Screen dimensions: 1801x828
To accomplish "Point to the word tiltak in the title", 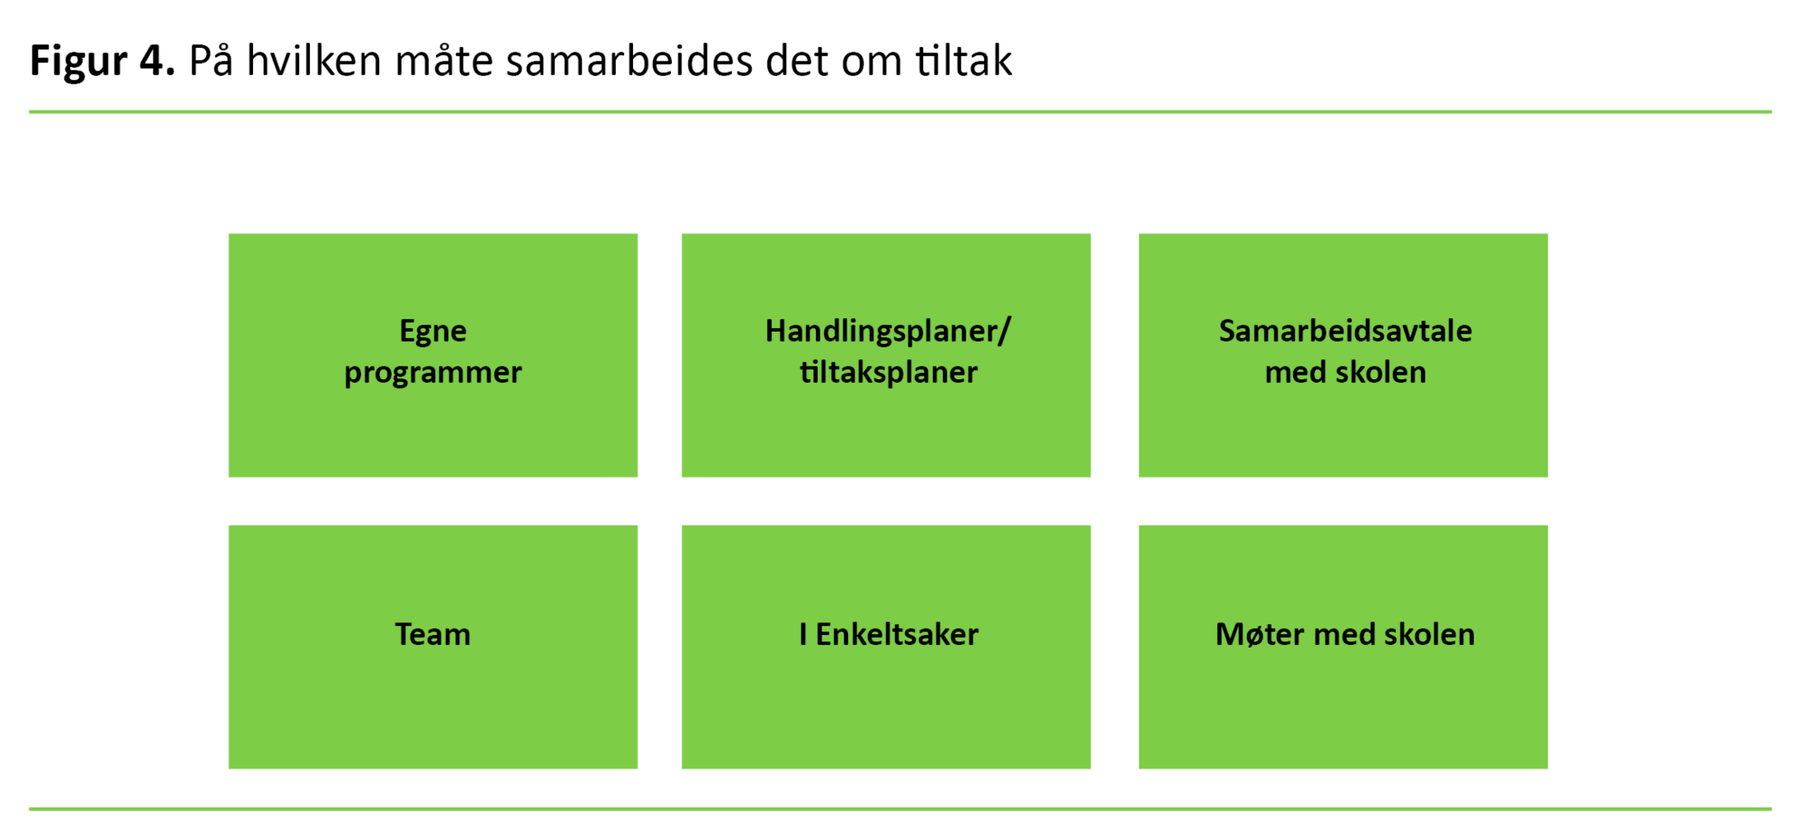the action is pos(964,61).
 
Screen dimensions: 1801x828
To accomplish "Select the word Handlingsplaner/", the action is pos(888,332).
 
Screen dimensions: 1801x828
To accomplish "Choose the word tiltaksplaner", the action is pos(889,372).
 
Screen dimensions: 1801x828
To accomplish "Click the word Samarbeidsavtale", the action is pos(1345,331).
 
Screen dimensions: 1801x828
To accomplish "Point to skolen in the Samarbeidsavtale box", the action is pos(1380,372).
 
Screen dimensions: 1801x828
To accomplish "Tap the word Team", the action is pos(433,634).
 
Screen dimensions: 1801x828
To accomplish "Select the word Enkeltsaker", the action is pos(897,634).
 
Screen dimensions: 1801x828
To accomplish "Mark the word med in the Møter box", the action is pos(1344,634).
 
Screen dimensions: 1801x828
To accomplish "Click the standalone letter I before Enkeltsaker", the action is pos(803,634).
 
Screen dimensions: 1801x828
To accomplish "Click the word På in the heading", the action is pos(211,59).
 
